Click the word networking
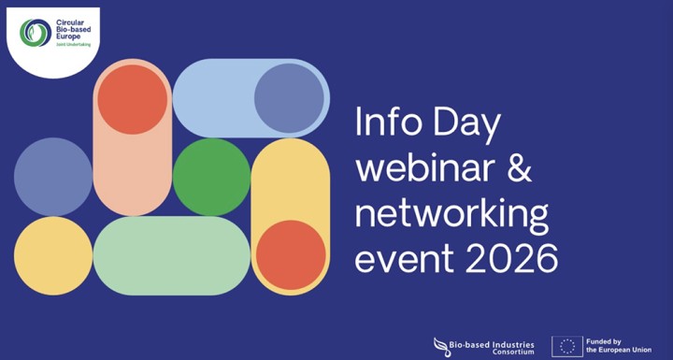click(451, 215)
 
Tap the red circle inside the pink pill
click(132, 99)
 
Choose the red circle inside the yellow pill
click(290, 254)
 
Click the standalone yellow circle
click(52, 255)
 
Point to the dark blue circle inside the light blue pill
click(289, 98)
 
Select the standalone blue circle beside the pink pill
click(52, 176)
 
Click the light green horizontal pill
click(171, 255)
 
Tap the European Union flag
click(566, 346)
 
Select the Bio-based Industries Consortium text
click(494, 347)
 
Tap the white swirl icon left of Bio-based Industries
click(441, 346)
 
